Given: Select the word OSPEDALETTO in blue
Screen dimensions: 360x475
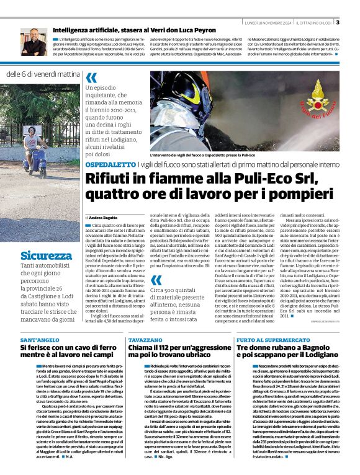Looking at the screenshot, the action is [x=109, y=164].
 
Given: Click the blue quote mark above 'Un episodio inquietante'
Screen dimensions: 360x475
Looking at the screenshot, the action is [x=92, y=78].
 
